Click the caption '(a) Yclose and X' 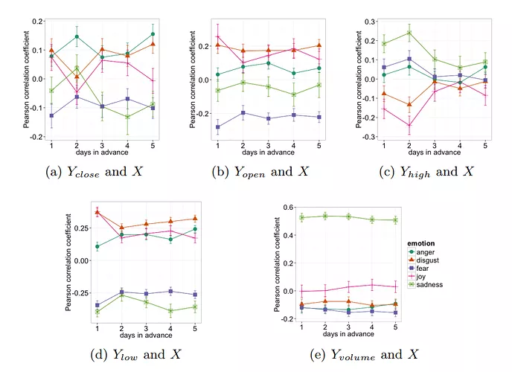click(95, 173)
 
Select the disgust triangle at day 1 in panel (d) click(97, 212)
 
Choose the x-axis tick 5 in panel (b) click(319, 144)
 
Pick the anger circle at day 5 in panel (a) click(152, 34)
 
